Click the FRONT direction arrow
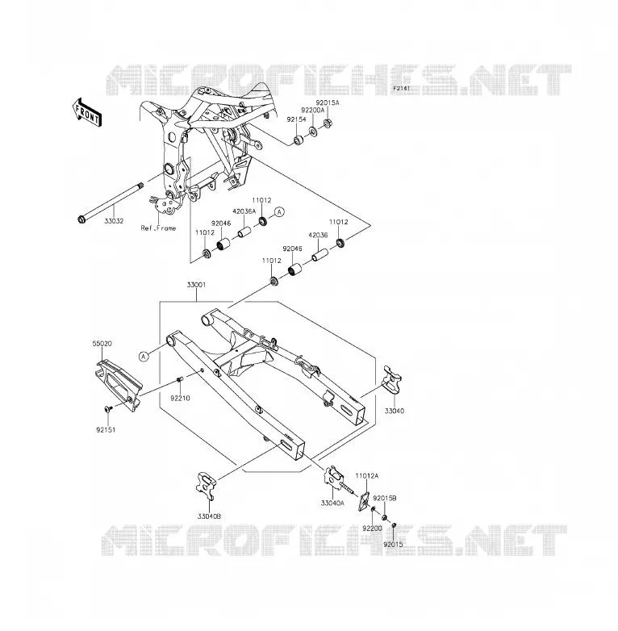(x=88, y=112)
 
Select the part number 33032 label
(x=114, y=221)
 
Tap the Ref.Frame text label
(x=158, y=228)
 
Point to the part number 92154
(x=296, y=119)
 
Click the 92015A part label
(x=327, y=102)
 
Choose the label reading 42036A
(x=244, y=211)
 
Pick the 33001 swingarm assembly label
(x=196, y=285)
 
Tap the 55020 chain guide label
(x=102, y=344)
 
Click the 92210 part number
(x=180, y=398)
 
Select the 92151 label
(x=106, y=430)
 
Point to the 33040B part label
(x=209, y=516)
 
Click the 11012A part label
(x=366, y=475)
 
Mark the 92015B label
(x=384, y=498)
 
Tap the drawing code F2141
(x=401, y=88)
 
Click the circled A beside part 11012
(x=280, y=211)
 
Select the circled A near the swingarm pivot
(x=144, y=356)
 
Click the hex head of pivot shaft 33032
(x=81, y=219)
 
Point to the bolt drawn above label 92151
(x=107, y=409)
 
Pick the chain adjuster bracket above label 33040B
(x=206, y=486)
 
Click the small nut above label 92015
(x=395, y=524)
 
